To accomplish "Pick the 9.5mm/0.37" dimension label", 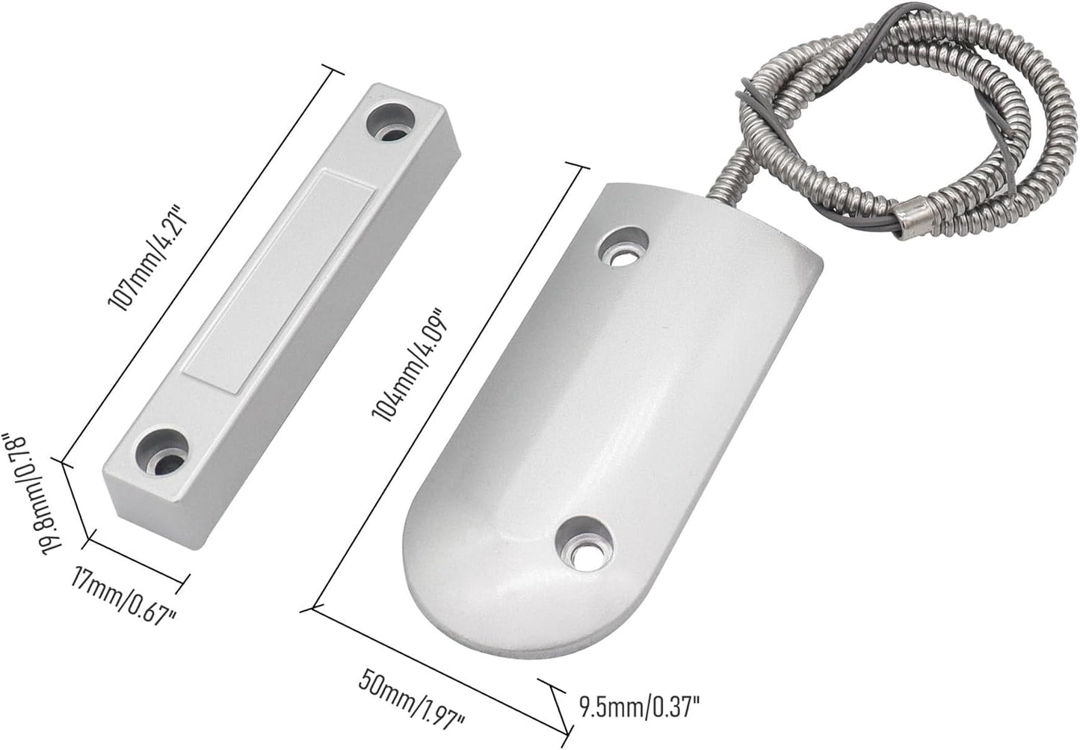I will point(640,704).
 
